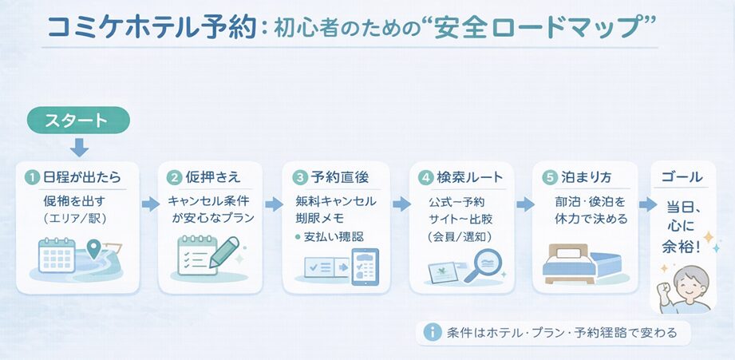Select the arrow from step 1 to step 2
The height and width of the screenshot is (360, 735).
tap(150, 204)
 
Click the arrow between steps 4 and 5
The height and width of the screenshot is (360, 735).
tap(524, 204)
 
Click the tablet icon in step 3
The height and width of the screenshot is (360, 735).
tap(366, 267)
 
